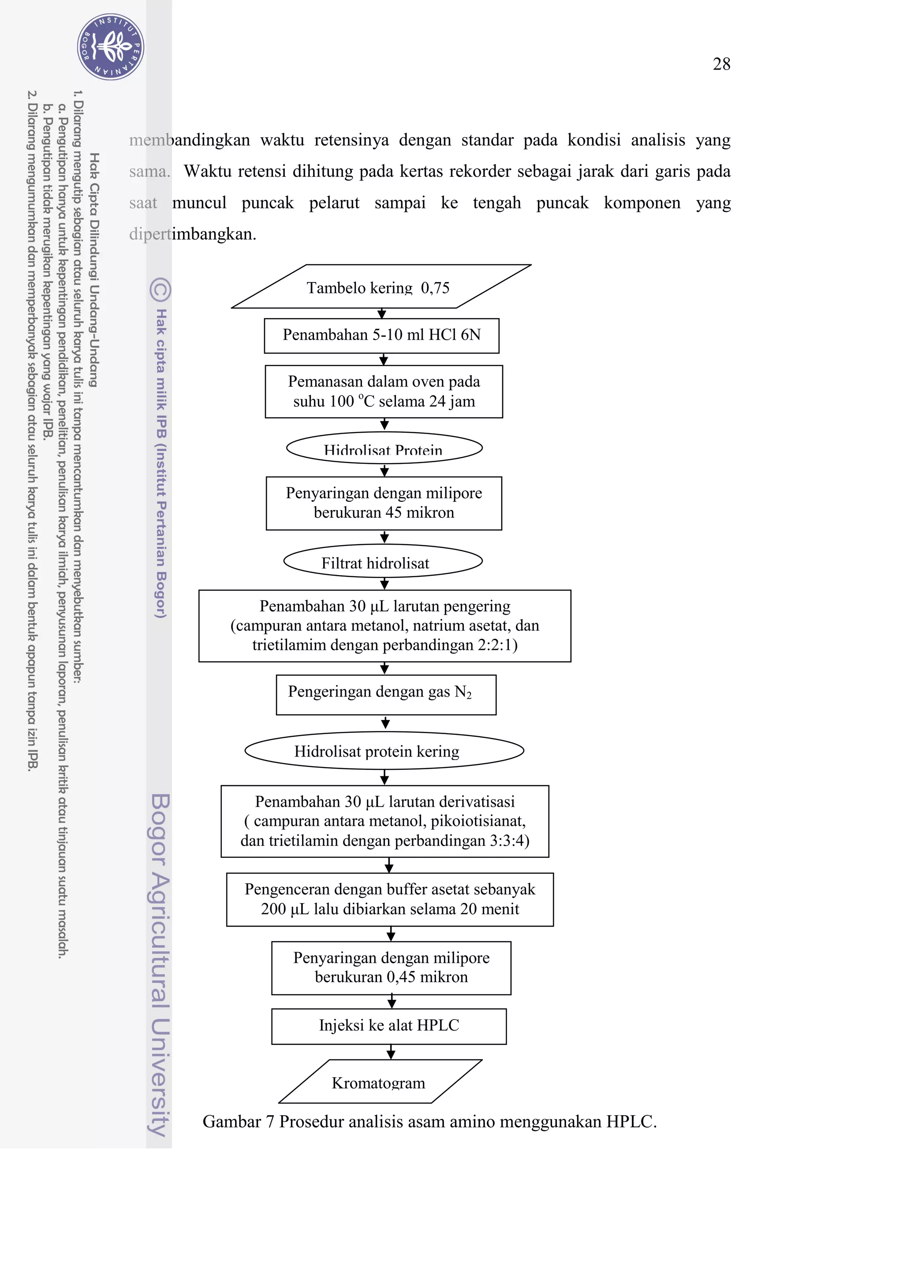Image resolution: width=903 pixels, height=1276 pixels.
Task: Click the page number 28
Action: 721,64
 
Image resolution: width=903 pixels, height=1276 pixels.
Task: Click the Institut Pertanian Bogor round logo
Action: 111,47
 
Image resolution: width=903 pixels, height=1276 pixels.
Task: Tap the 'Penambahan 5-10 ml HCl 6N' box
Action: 381,335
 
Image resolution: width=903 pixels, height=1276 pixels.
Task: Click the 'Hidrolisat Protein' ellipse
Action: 384,448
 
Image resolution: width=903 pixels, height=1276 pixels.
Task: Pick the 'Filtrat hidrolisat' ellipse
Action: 383,561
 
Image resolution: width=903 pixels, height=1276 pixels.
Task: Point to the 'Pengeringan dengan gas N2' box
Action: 386,694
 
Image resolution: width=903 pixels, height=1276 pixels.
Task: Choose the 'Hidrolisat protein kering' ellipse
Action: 384,751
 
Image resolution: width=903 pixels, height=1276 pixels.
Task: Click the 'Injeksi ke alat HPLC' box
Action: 388,1026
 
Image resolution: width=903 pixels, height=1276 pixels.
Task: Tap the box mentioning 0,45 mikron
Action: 391,968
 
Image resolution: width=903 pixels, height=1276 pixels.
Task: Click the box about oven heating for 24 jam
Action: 384,391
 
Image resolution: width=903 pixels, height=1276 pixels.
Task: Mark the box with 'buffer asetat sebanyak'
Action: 390,899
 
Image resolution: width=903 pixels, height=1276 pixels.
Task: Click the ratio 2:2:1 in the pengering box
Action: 497,645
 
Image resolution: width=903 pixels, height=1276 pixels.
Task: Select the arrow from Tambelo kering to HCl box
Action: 381,313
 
